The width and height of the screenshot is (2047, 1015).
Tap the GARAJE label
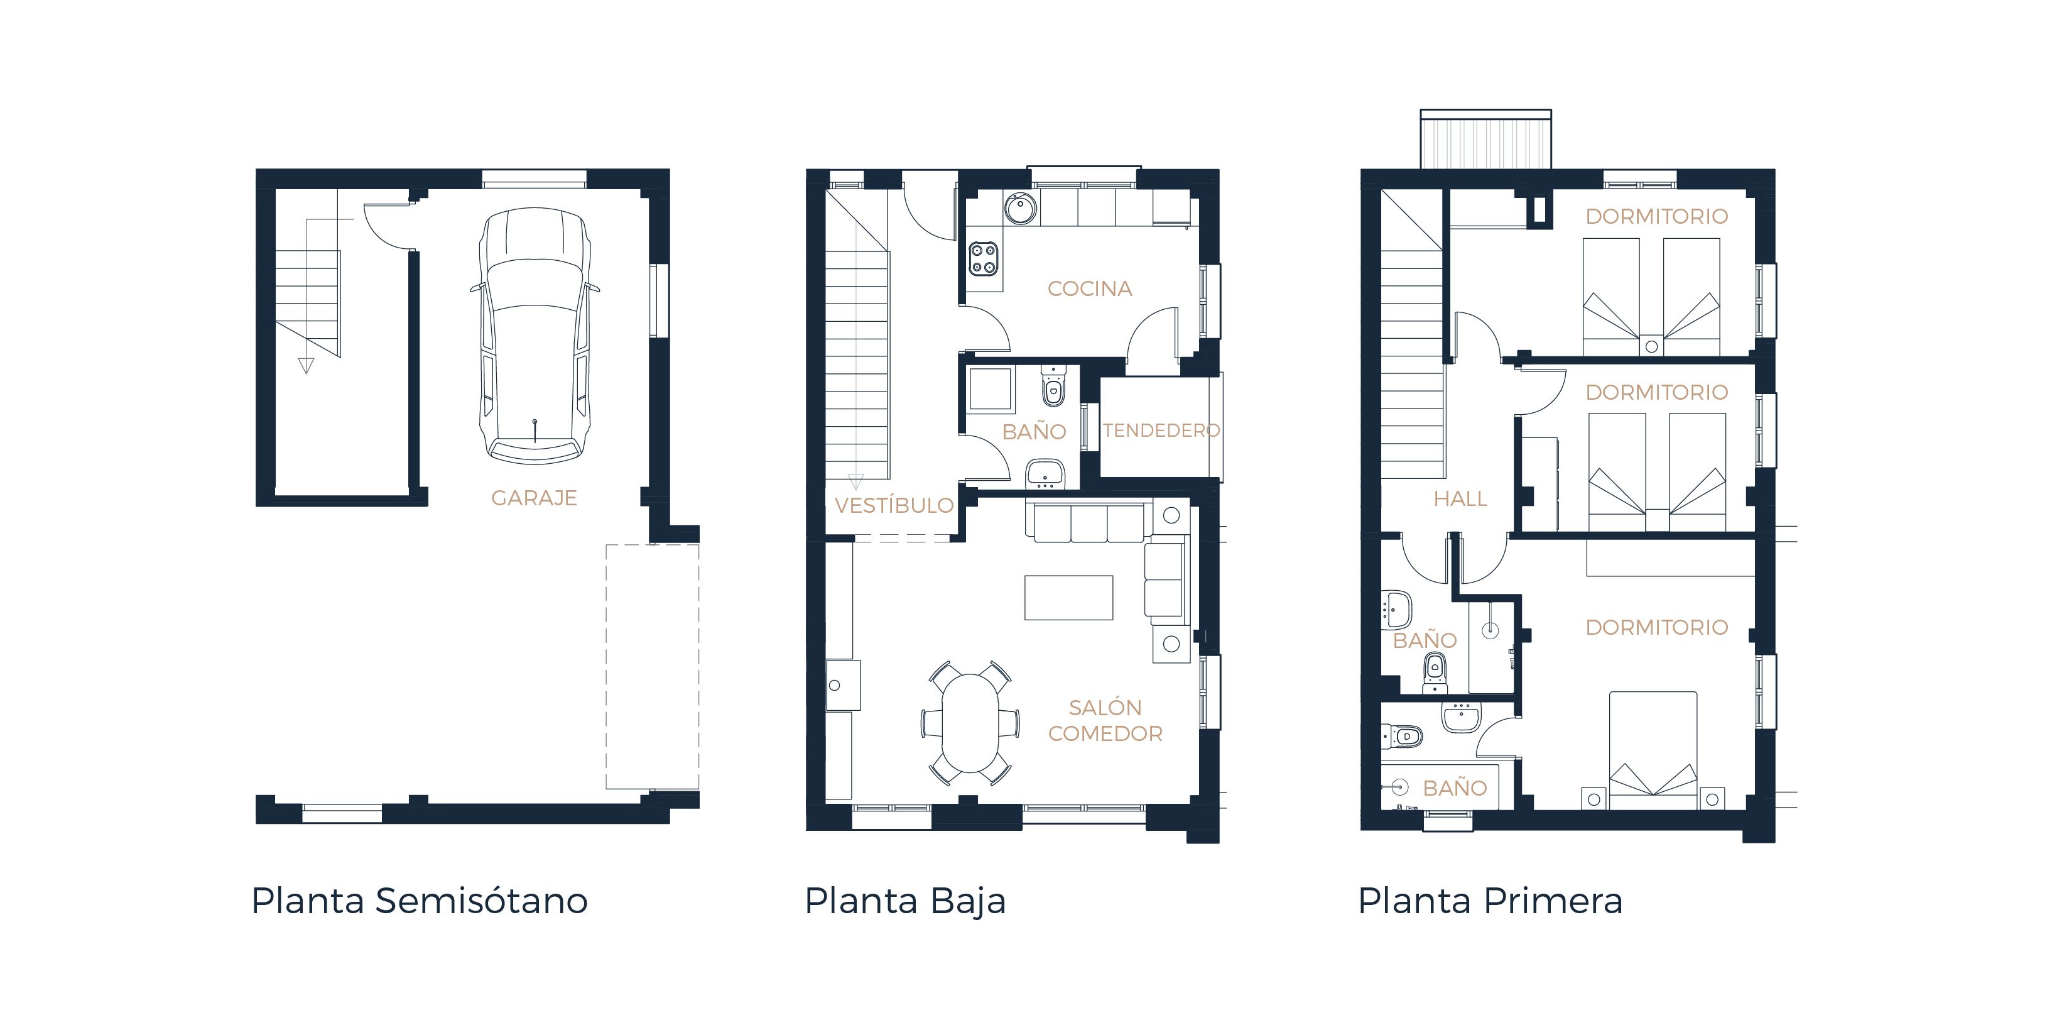(x=534, y=498)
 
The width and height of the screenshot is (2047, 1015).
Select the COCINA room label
(x=1090, y=288)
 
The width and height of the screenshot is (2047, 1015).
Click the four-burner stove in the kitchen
(x=984, y=259)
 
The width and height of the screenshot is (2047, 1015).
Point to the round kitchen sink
(x=1019, y=209)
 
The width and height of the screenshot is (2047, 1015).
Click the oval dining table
(x=970, y=723)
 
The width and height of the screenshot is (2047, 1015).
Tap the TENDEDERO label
(x=1161, y=431)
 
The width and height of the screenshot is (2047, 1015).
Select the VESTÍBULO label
(x=894, y=505)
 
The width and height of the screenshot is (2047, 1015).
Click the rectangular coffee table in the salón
(x=1069, y=597)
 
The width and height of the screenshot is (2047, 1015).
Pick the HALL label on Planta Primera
(x=1460, y=499)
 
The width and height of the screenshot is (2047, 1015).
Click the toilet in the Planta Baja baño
(x=1053, y=388)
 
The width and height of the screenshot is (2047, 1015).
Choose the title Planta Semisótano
(x=420, y=901)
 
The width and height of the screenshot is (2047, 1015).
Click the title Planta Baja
(x=905, y=901)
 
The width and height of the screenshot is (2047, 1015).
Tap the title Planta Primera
(x=1490, y=901)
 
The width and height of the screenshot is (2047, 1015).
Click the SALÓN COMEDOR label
(x=1105, y=721)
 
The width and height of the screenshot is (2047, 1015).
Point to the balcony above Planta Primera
(x=1485, y=140)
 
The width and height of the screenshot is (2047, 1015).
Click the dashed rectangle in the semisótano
(x=653, y=666)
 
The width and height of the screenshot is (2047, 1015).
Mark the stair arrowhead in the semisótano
(x=306, y=366)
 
